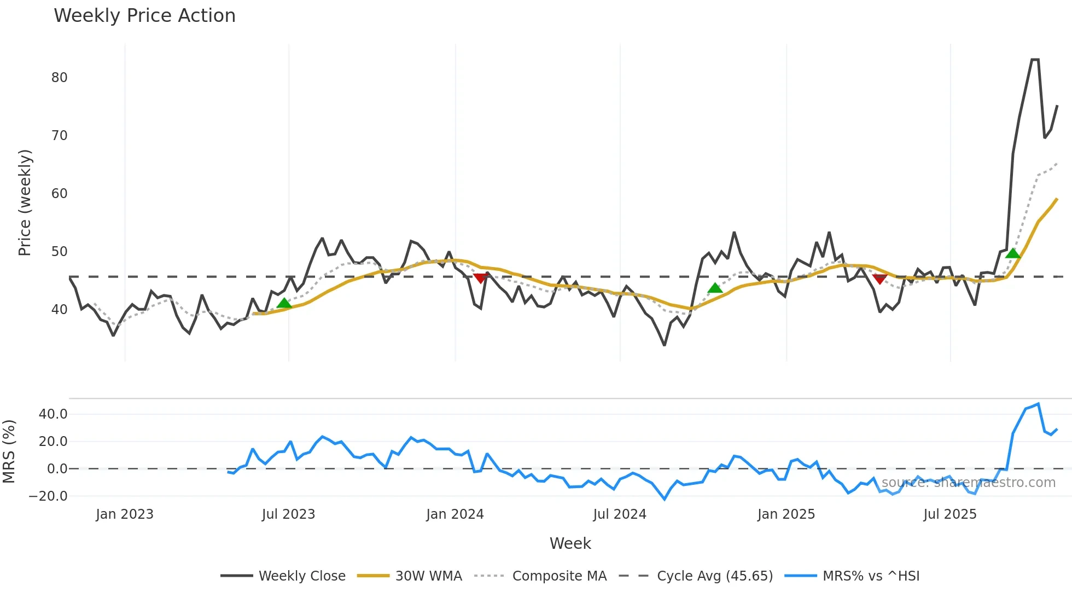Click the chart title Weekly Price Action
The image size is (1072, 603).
(144, 16)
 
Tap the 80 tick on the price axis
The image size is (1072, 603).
(60, 78)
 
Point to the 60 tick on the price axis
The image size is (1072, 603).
(60, 194)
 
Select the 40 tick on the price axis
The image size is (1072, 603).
(60, 310)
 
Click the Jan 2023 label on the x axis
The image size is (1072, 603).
(125, 514)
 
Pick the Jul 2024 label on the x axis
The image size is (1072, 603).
(620, 514)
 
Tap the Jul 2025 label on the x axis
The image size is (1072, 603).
(950, 514)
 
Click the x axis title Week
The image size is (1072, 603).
(570, 543)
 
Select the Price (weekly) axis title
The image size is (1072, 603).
(25, 202)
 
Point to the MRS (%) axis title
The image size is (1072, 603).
(9, 451)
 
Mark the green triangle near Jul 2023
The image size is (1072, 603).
(284, 303)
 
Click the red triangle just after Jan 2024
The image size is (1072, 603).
(480, 279)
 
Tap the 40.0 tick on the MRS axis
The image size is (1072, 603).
(53, 414)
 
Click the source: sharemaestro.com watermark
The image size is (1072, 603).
(968, 483)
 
